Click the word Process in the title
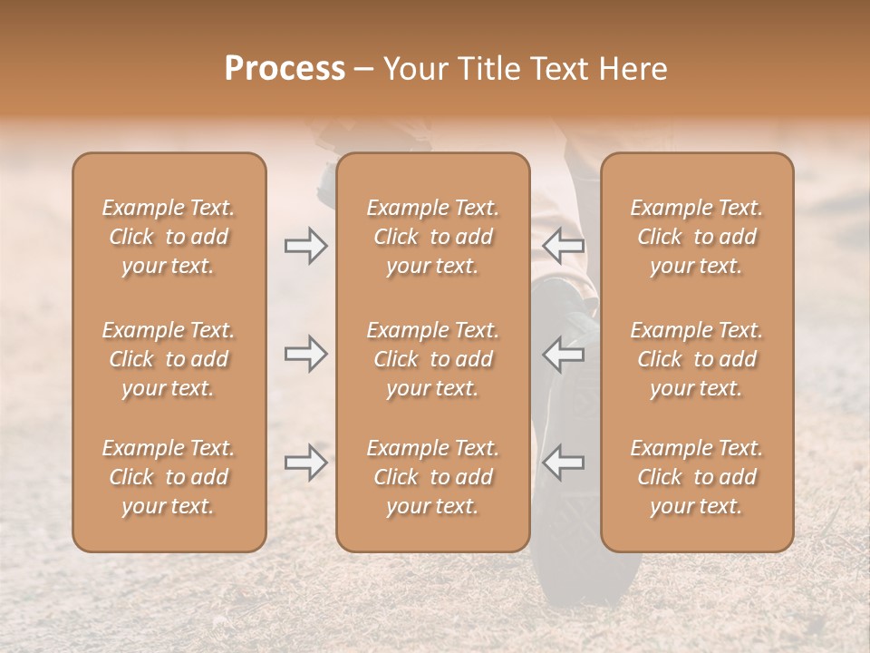285,69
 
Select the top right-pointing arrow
305,244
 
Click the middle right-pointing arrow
305,354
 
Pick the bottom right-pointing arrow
305,463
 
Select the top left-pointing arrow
564,244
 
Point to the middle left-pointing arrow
564,354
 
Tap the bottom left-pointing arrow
564,463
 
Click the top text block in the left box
169,237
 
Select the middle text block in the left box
169,359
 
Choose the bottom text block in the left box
169,477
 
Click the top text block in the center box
433,237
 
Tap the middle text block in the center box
433,359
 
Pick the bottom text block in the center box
433,477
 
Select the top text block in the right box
697,237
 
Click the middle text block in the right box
697,359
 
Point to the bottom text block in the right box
697,477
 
